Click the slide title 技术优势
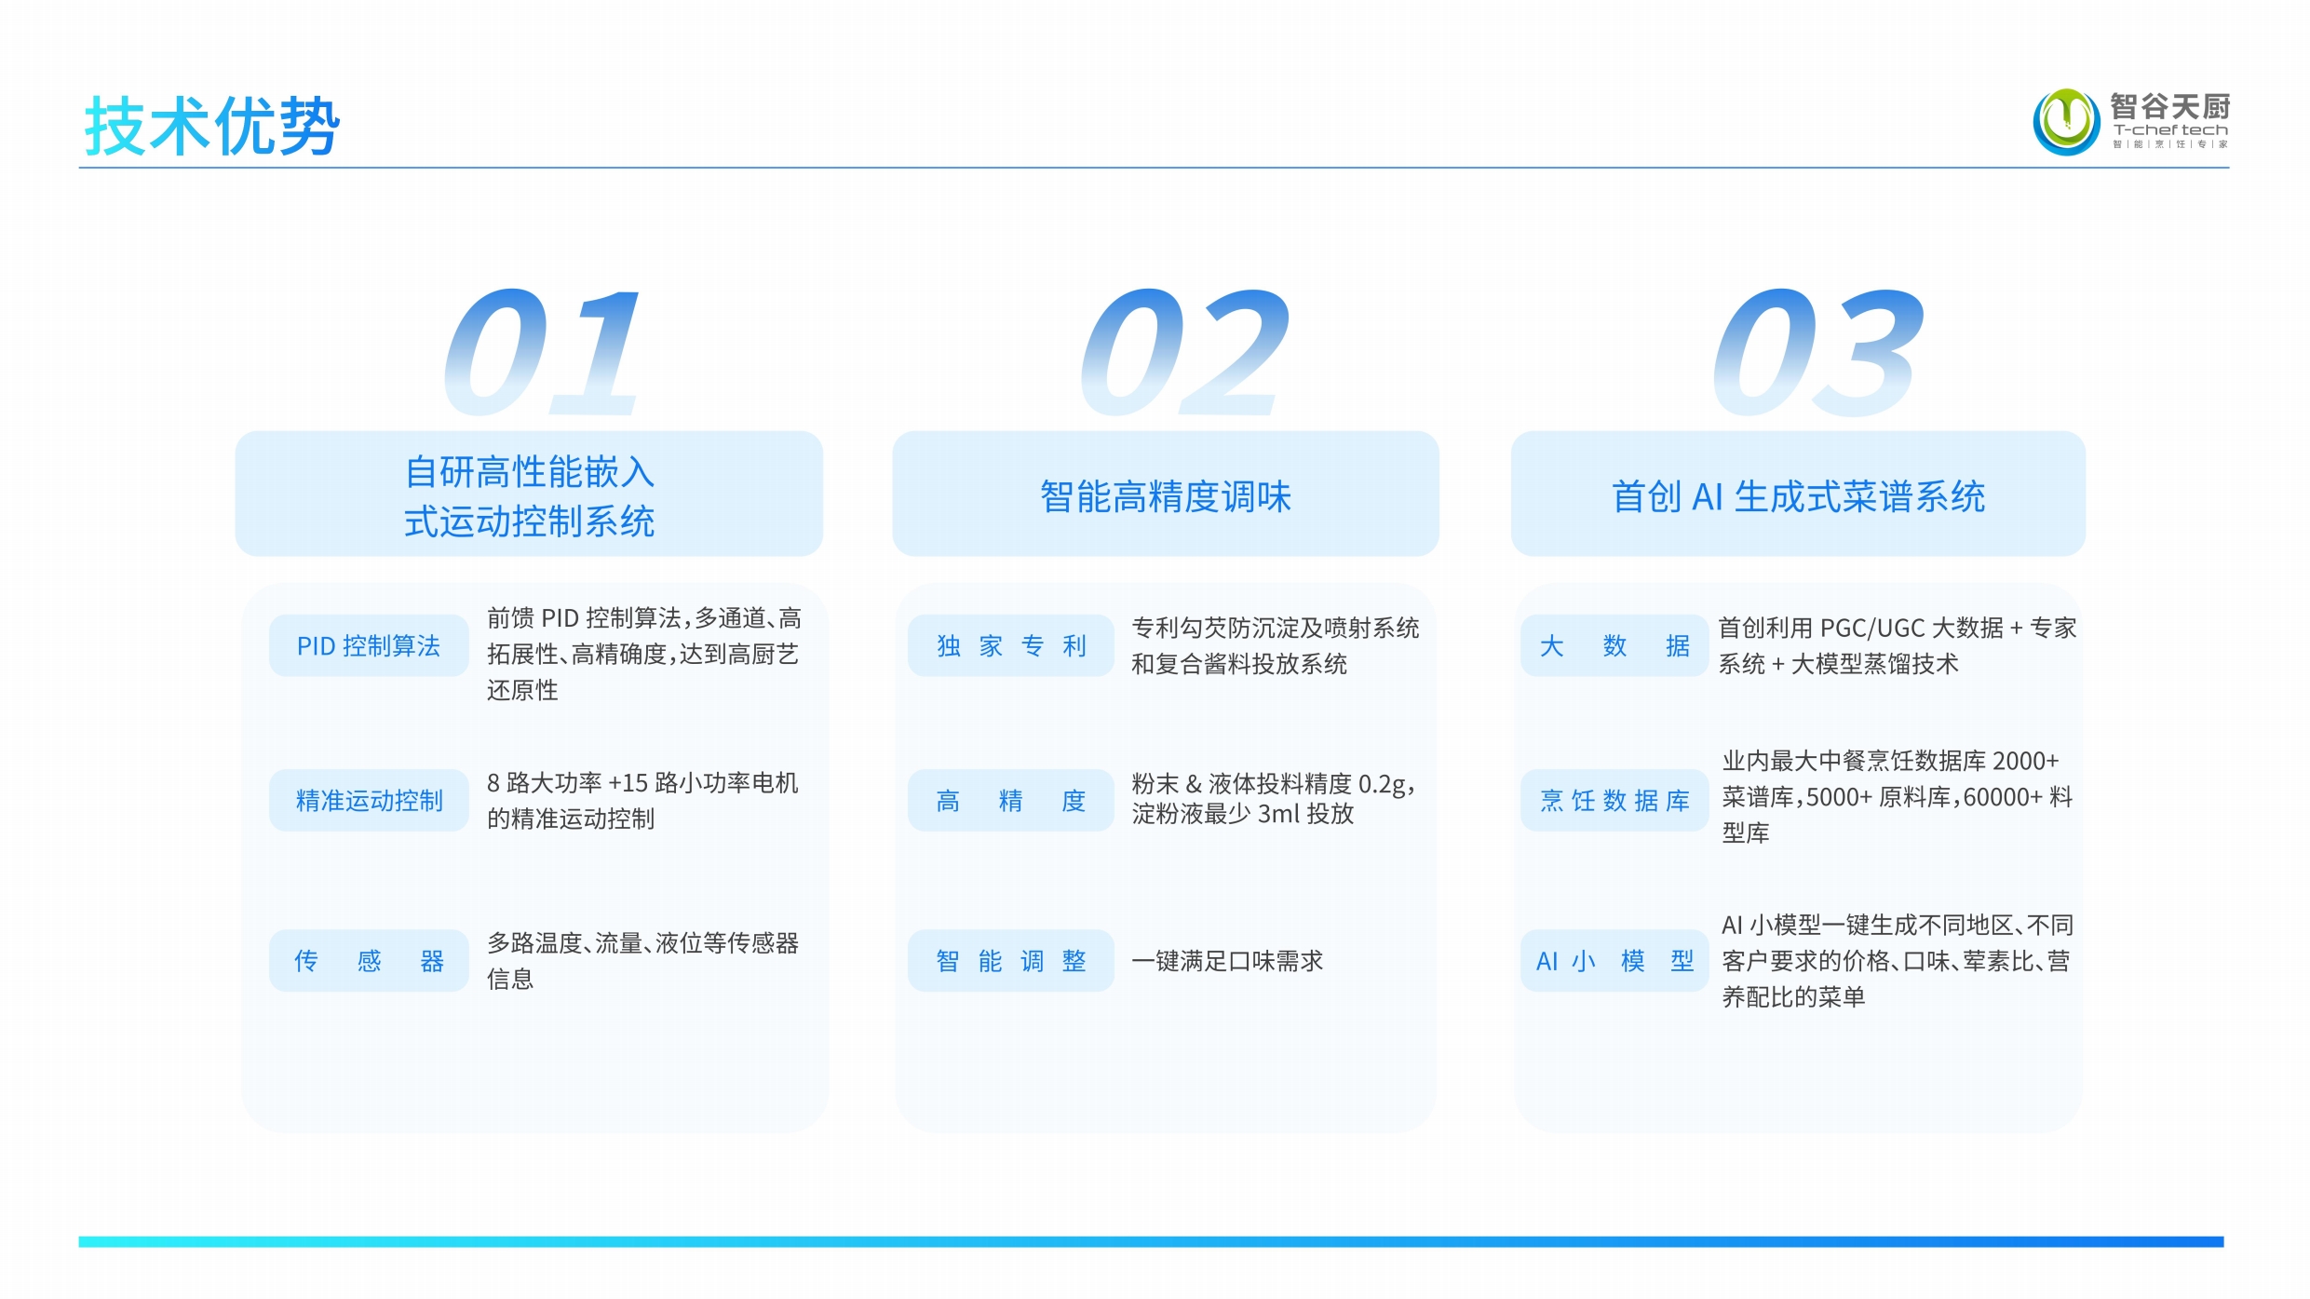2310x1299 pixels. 212,126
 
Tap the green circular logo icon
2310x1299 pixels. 2066,121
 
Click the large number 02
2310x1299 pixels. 1185,352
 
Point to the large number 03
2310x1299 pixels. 1817,352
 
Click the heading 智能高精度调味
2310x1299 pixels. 1166,496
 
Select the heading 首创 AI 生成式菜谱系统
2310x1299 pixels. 1798,496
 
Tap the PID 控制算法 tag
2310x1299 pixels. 369,645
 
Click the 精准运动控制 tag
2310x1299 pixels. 369,800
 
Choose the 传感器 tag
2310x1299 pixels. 369,960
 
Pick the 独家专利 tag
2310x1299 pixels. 1011,645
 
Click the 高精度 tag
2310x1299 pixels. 1011,800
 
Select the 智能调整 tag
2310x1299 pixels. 1011,960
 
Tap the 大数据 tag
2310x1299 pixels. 1614,645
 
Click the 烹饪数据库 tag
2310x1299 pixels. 1614,800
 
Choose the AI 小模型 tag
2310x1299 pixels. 1614,960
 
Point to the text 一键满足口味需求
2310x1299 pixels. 1227,961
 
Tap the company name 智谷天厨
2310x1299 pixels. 2170,105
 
